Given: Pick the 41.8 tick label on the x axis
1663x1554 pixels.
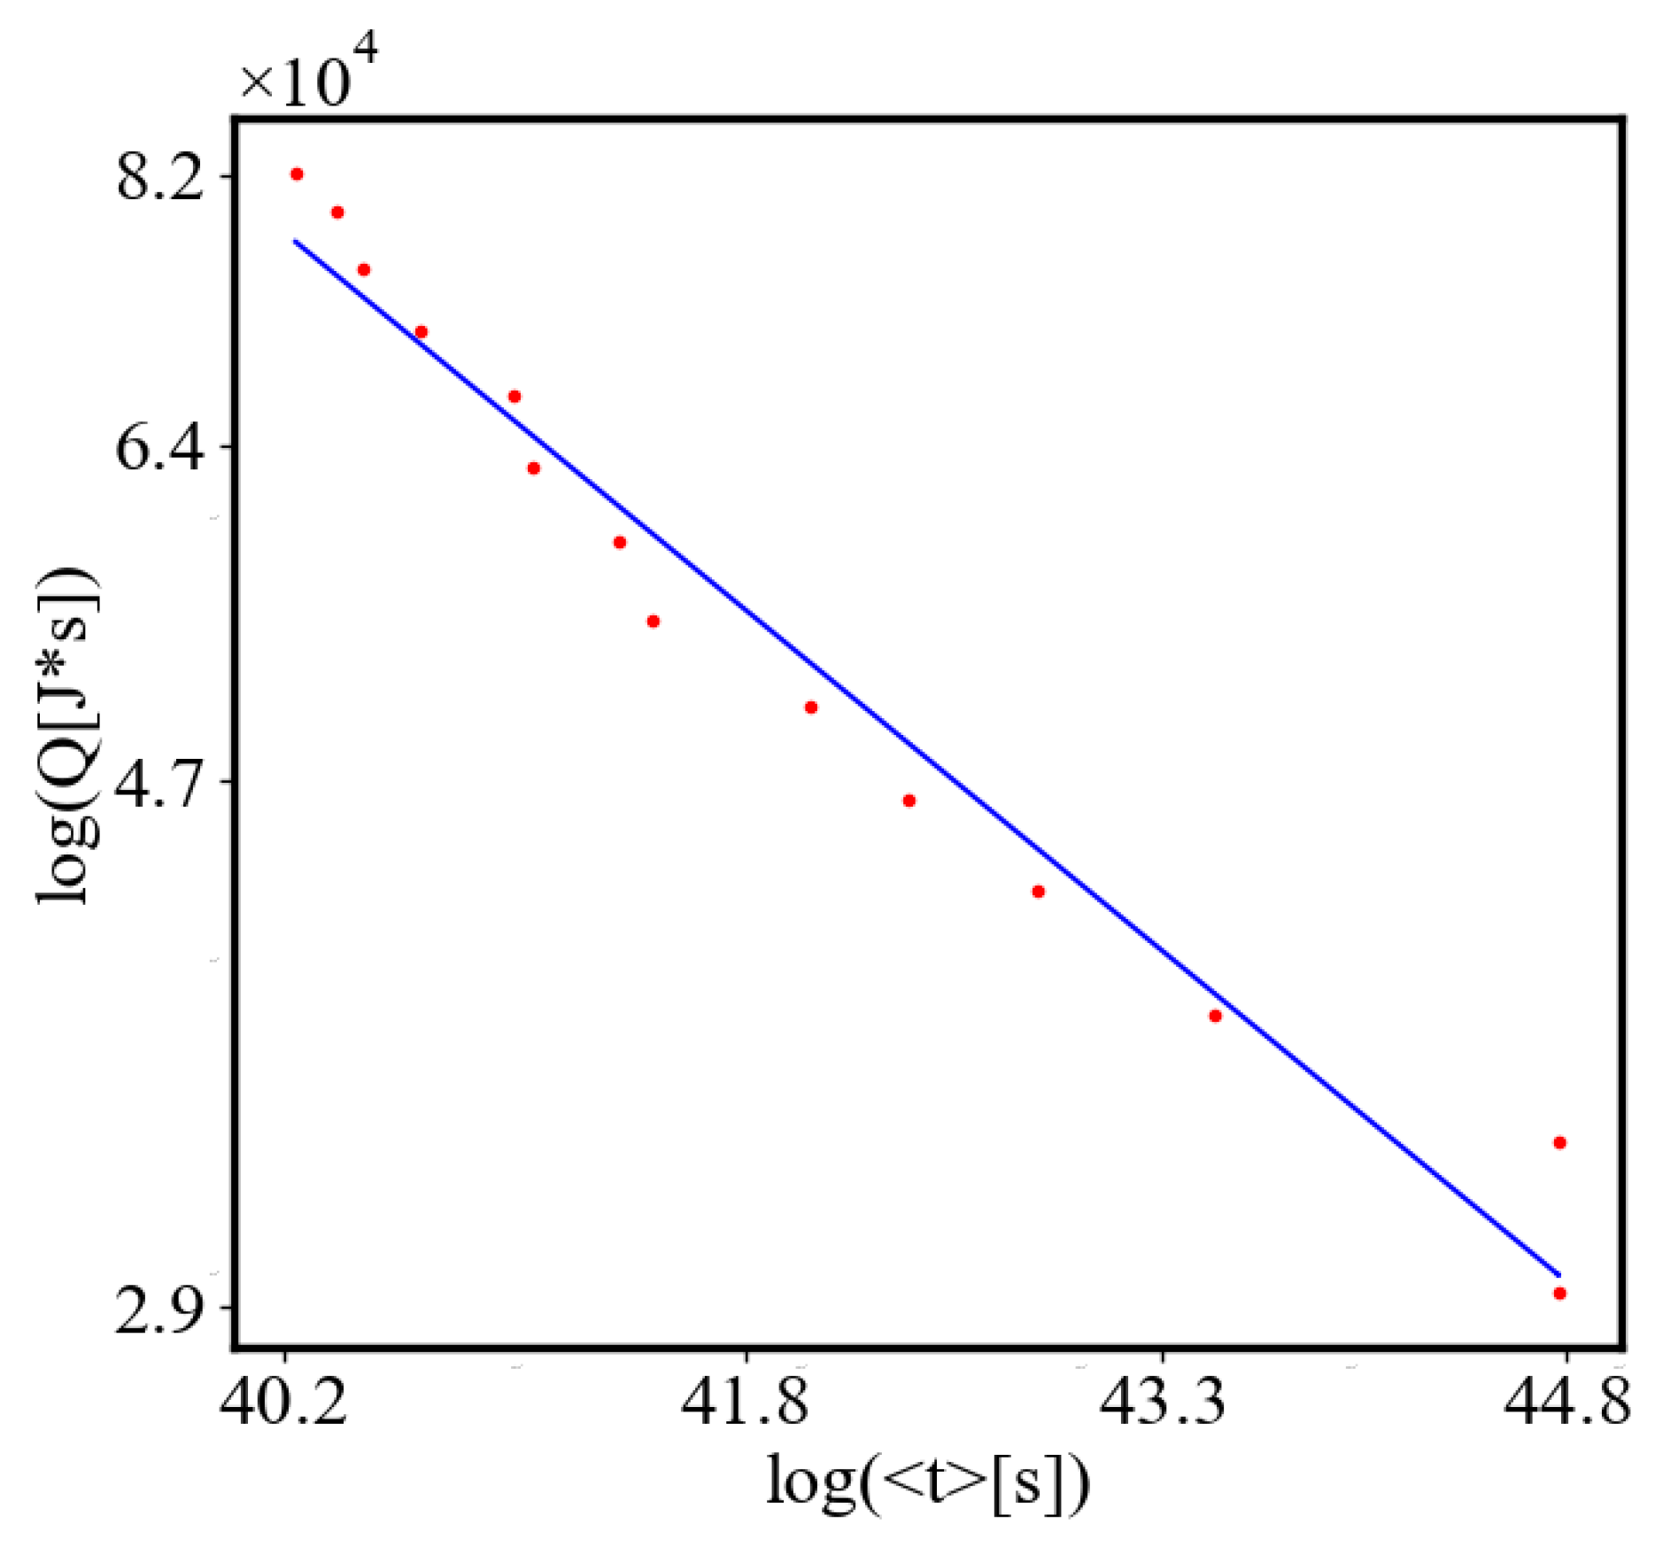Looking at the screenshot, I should (x=746, y=1400).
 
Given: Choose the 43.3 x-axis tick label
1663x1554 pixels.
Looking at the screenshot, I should (x=1164, y=1400).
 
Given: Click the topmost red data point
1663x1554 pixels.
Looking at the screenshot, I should (x=297, y=174).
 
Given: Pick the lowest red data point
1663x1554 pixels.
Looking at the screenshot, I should (x=1560, y=1294).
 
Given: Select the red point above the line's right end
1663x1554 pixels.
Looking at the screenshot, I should (x=1560, y=1143).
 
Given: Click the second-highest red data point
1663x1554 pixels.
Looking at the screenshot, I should (x=337, y=213).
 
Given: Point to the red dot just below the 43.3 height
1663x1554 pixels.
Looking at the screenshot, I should (x=1215, y=1017).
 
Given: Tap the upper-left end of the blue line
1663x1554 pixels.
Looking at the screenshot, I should (x=296, y=240).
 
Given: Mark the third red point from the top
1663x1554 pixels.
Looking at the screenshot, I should (x=363, y=270).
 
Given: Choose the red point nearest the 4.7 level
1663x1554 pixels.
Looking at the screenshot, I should (x=909, y=801).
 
